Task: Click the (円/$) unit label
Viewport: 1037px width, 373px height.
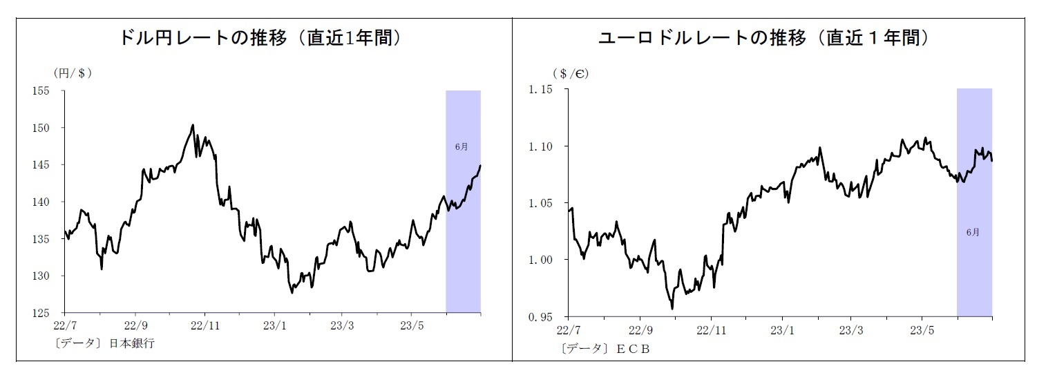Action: [x=73, y=72]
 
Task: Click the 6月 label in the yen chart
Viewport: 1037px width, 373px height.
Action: [x=462, y=146]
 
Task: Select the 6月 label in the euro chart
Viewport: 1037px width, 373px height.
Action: [x=973, y=232]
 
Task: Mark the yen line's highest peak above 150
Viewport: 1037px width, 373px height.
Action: [x=193, y=125]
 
